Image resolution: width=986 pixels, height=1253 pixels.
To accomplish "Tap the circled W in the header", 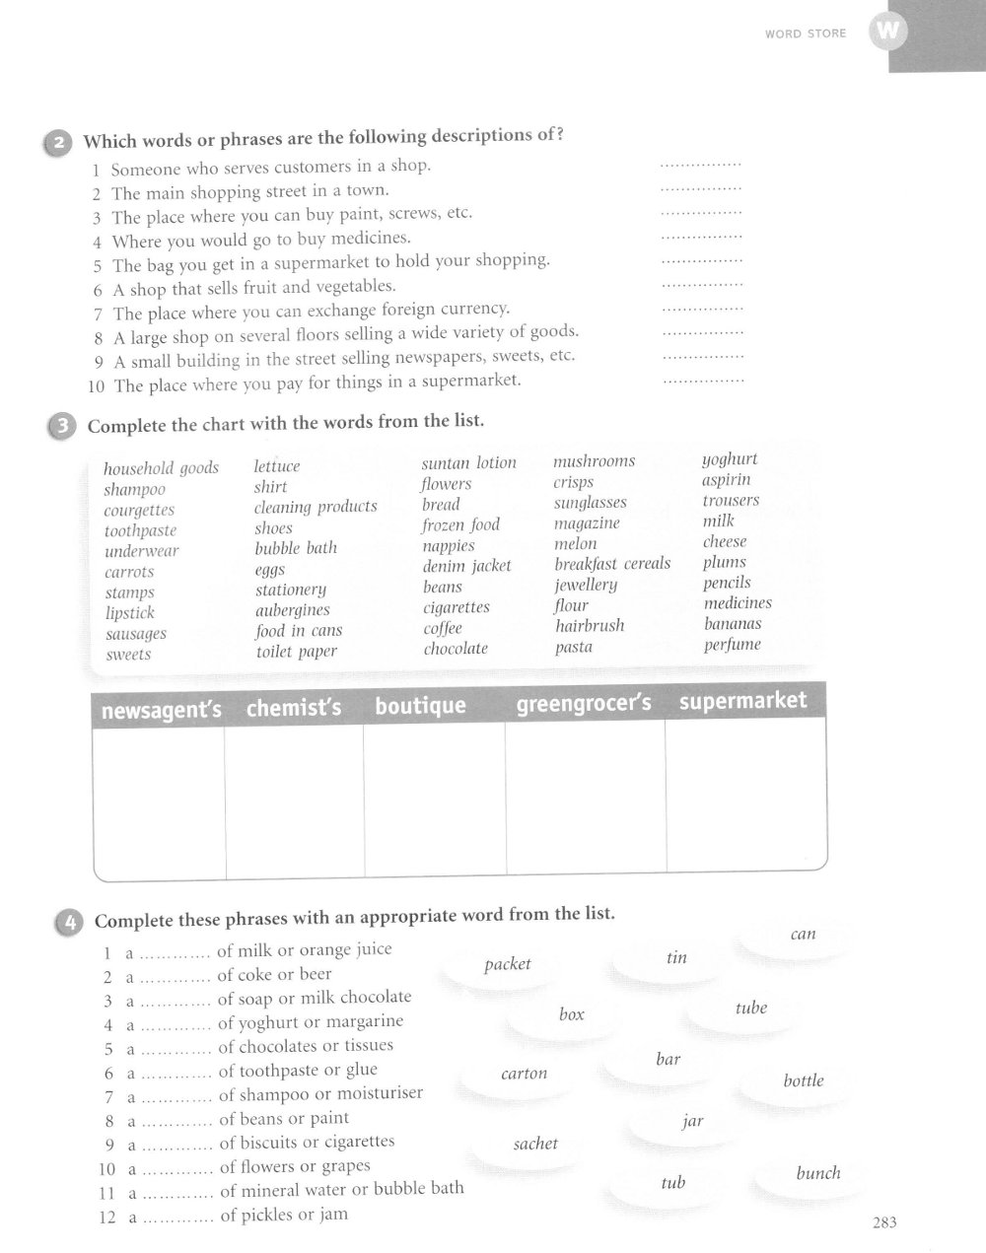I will [887, 32].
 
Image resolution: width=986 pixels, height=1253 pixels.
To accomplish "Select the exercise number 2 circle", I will [58, 144].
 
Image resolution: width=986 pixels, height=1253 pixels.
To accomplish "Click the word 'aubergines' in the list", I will [292, 610].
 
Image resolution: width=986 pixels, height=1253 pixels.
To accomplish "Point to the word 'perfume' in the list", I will [732, 645].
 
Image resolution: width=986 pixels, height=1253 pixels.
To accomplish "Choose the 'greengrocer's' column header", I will [584, 705].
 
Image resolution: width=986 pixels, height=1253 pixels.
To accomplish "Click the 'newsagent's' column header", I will [162, 710].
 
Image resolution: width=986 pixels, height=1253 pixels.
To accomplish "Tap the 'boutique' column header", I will [420, 706].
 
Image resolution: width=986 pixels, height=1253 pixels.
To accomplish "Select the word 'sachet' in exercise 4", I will [535, 1144].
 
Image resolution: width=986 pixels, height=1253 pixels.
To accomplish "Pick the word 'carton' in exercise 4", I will [524, 1074].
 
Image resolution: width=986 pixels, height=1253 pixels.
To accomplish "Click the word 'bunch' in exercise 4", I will [818, 1173].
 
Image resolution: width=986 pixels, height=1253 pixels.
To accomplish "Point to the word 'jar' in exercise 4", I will [693, 1121].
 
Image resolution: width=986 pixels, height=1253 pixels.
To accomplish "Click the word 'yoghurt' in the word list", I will [730, 459].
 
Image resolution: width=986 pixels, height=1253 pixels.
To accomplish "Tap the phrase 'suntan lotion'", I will [468, 463].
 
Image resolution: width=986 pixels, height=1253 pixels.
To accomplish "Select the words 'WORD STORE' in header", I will [806, 34].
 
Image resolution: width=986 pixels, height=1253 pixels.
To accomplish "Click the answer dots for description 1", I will [700, 164].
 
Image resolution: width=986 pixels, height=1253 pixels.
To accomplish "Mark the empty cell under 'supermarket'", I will [745, 794].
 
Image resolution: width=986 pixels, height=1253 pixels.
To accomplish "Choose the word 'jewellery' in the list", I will [586, 585].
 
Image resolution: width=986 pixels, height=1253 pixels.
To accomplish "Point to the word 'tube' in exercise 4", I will [750, 1009].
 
